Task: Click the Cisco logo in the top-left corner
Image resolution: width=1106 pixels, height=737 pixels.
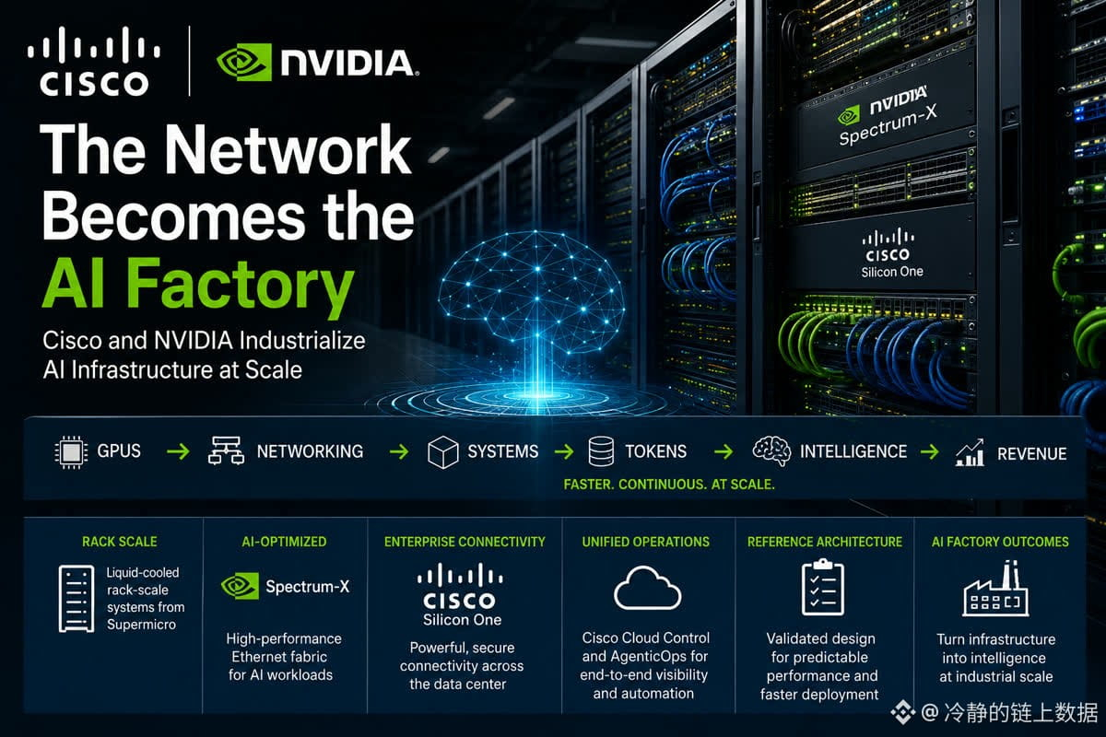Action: click(94, 61)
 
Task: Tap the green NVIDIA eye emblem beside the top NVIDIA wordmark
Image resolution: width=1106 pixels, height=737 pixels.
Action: click(244, 63)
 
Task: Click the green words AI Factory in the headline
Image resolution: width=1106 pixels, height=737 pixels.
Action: click(198, 287)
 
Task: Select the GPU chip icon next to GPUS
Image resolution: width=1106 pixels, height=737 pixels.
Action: click(71, 451)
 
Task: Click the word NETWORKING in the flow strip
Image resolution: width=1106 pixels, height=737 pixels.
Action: click(310, 451)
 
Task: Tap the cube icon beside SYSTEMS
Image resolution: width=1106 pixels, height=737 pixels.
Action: click(443, 451)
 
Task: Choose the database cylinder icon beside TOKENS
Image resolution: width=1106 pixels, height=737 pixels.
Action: click(601, 451)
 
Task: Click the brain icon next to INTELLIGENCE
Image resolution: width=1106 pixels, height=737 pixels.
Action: click(771, 450)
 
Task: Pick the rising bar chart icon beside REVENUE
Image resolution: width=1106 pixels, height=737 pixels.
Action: click(971, 452)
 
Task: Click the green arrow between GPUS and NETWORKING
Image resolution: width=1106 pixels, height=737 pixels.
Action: click(178, 451)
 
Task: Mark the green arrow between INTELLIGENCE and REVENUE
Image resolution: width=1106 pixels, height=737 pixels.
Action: click(930, 451)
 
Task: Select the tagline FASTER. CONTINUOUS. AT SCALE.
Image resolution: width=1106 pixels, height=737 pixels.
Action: click(669, 485)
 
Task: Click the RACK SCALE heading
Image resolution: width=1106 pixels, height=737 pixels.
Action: click(120, 542)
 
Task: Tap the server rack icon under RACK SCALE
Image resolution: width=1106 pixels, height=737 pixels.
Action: click(76, 599)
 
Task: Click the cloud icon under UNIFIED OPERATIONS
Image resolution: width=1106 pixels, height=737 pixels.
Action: click(647, 589)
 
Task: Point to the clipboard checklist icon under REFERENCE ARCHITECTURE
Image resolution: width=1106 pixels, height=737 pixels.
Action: click(822, 588)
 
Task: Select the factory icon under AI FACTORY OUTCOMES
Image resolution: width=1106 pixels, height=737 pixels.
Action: click(995, 589)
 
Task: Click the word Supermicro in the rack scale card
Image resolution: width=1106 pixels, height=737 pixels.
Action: click(141, 625)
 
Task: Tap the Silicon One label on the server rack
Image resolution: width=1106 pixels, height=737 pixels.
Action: click(892, 272)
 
